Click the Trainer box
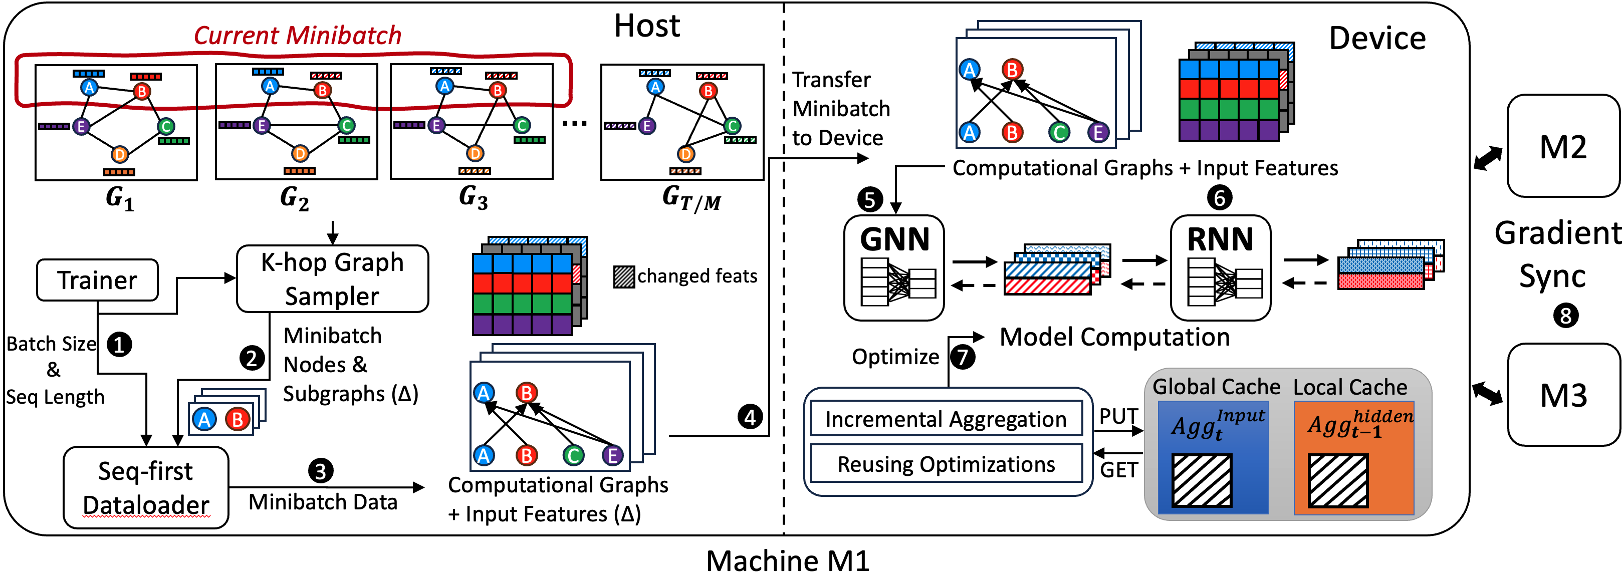(x=97, y=280)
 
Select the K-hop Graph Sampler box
(x=332, y=279)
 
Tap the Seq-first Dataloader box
(x=145, y=487)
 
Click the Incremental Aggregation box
(x=945, y=419)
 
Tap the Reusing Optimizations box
(x=945, y=464)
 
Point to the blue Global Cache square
(x=1213, y=458)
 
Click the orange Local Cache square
(x=1353, y=458)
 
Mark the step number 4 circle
(x=750, y=417)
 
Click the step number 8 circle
(x=1566, y=316)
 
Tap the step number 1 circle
(x=119, y=345)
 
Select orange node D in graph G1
(x=120, y=154)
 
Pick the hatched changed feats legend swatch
(x=624, y=277)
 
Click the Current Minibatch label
(x=297, y=35)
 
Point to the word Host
(x=647, y=27)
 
